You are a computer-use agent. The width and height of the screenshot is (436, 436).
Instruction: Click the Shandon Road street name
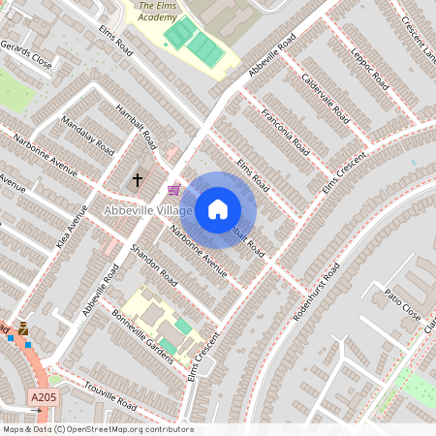[x=153, y=265]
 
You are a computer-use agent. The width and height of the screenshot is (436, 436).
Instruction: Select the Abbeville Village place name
[x=149, y=210]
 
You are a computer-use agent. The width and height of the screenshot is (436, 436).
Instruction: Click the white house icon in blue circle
[x=218, y=209]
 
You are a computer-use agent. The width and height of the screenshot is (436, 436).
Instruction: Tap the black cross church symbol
[x=138, y=179]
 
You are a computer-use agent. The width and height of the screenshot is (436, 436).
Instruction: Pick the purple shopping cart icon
[x=173, y=189]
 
